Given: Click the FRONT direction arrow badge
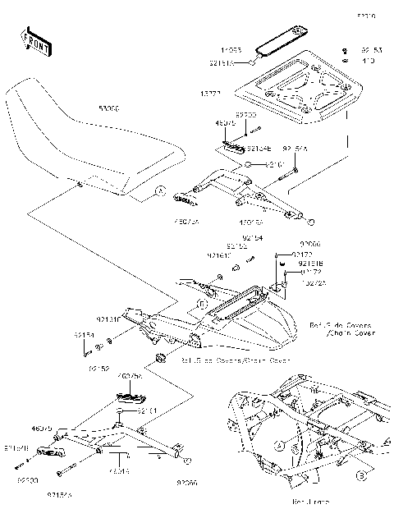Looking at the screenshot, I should tap(35, 42).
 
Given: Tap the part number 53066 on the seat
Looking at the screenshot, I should tap(108, 108).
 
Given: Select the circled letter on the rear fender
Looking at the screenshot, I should tap(201, 305).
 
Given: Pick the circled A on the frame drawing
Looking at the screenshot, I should tap(277, 446).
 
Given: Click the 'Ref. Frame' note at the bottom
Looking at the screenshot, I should tap(287, 499).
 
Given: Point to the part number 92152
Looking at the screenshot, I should tap(99, 369).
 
